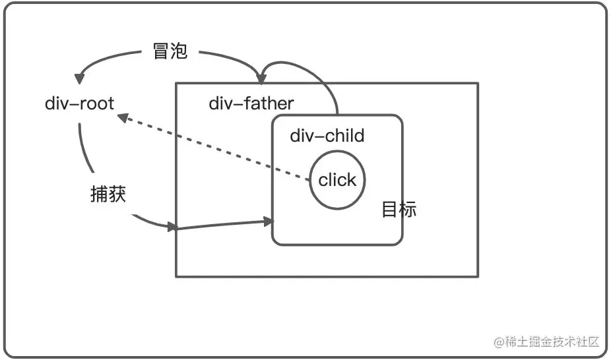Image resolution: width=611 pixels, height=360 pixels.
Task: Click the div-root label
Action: tap(79, 104)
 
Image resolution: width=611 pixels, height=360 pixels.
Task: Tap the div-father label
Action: tap(251, 104)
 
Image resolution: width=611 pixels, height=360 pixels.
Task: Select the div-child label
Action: tap(327, 136)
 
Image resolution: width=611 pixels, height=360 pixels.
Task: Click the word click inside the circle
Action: tap(337, 180)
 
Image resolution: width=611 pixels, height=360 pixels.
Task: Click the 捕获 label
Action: tap(108, 194)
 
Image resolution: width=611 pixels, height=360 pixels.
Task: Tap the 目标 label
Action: tap(399, 210)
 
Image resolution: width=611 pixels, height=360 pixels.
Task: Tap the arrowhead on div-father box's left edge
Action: tap(172, 227)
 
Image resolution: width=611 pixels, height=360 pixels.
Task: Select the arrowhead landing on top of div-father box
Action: tap(262, 78)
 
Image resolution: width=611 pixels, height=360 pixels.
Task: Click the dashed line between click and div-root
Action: tap(218, 149)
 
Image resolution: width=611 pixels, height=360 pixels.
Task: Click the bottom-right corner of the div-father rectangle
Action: tap(477, 276)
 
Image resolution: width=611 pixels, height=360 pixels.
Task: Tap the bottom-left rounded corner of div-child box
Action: tap(276, 241)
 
